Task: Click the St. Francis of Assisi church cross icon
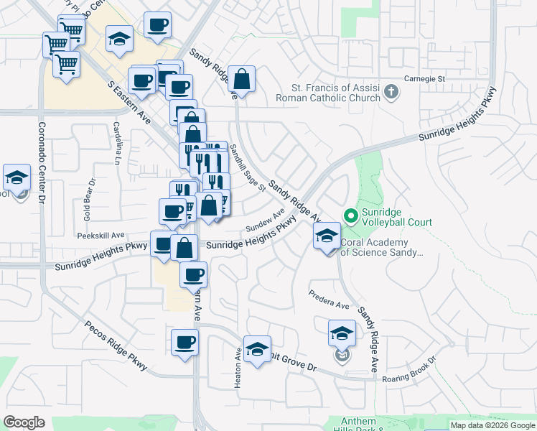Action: pos(391,92)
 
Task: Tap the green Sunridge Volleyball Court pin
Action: pos(351,215)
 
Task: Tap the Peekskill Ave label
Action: pos(101,235)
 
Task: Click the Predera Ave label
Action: pos(329,300)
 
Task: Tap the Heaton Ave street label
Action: pos(238,369)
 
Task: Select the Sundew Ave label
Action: pos(266,221)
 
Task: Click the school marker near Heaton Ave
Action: pos(257,350)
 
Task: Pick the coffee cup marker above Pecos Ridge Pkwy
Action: pos(185,342)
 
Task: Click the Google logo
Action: pos(24,422)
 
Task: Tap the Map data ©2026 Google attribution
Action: pos(492,425)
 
